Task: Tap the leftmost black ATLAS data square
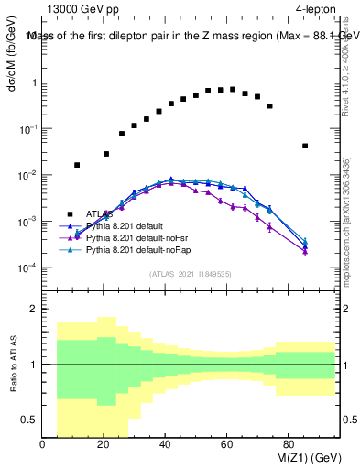[x=77, y=165]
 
